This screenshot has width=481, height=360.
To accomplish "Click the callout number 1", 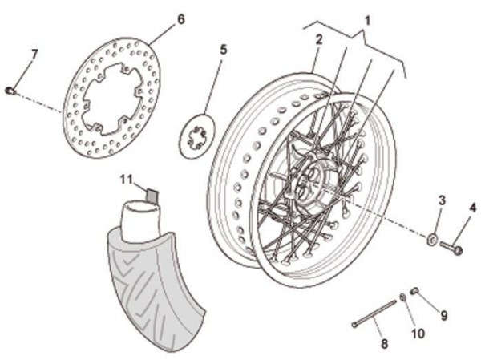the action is [367, 21].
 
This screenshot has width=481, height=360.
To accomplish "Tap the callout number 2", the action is [319, 39].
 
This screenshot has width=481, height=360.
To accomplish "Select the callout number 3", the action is [442, 201].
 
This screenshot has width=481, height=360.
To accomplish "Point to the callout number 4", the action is [473, 208].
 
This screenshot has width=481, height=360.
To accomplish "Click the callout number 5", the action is [224, 50].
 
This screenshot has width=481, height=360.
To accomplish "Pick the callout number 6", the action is [181, 19].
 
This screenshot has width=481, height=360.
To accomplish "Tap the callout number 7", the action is [34, 55].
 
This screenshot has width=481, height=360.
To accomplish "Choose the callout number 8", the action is [384, 343].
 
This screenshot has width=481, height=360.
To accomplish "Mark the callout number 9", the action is [444, 315].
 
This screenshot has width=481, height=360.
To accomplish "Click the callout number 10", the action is [418, 334].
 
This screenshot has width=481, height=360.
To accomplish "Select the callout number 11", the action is [126, 180].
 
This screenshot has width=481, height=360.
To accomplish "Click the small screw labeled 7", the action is [10, 91].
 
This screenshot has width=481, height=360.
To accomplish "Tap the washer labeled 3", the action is [433, 239].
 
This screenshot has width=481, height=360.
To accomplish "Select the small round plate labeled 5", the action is [198, 136].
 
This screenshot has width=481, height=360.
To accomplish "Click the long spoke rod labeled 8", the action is [374, 313].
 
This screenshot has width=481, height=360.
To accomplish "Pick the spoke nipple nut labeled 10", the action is [403, 297].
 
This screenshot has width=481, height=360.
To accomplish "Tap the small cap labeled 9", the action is [414, 290].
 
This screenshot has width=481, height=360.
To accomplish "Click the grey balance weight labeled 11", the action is [152, 196].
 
